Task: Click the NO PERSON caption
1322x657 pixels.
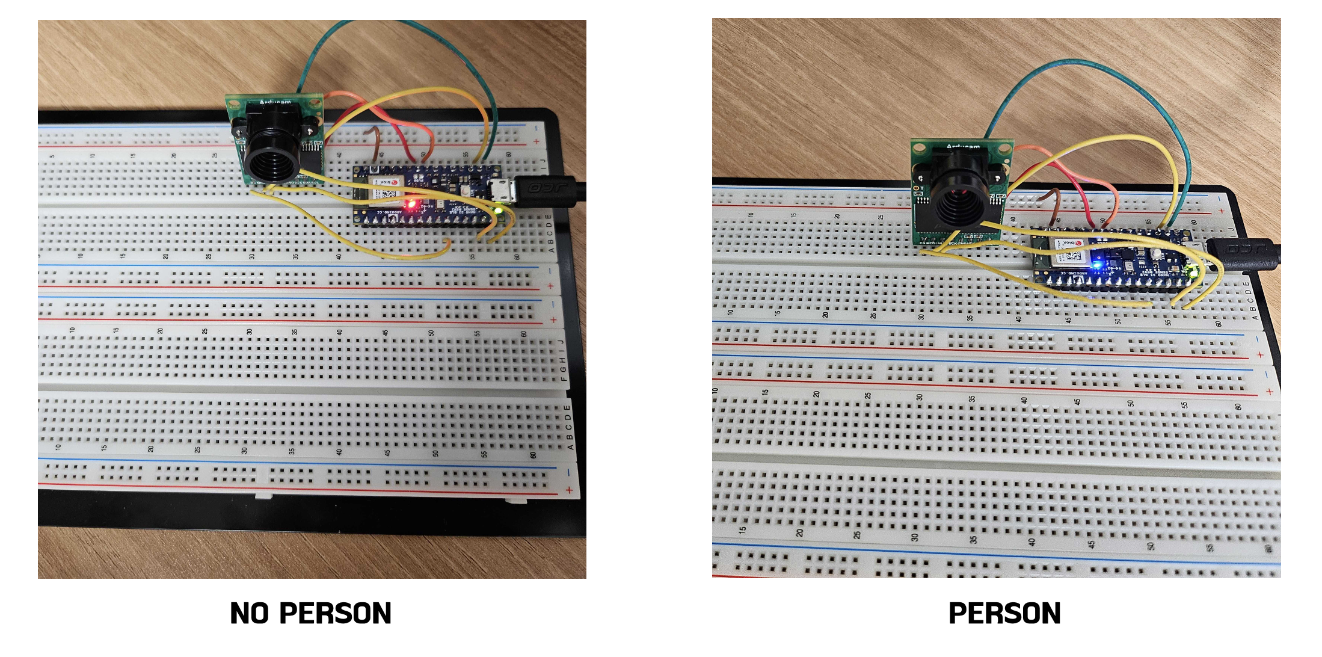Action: (x=310, y=614)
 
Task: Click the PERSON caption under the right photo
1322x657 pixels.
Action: (x=1004, y=614)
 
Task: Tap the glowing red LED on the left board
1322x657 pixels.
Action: (x=411, y=205)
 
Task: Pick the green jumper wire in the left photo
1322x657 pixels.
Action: (x=415, y=30)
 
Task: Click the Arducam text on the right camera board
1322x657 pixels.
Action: (x=962, y=146)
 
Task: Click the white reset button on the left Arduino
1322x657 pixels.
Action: (x=467, y=191)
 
